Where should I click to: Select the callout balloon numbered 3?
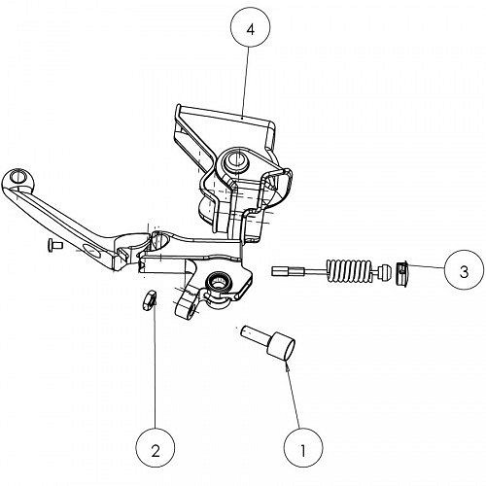coord(464,269)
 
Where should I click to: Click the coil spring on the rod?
coord(348,270)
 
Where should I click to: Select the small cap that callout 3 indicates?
coord(401,273)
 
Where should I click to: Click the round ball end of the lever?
coord(17,179)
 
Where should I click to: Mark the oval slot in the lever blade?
coord(91,250)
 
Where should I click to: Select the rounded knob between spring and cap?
coord(386,272)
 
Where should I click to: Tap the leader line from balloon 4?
coord(246,83)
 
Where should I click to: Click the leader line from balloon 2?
coord(155,364)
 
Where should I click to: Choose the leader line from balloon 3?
coord(425,267)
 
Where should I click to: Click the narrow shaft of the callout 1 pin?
coord(255,334)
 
